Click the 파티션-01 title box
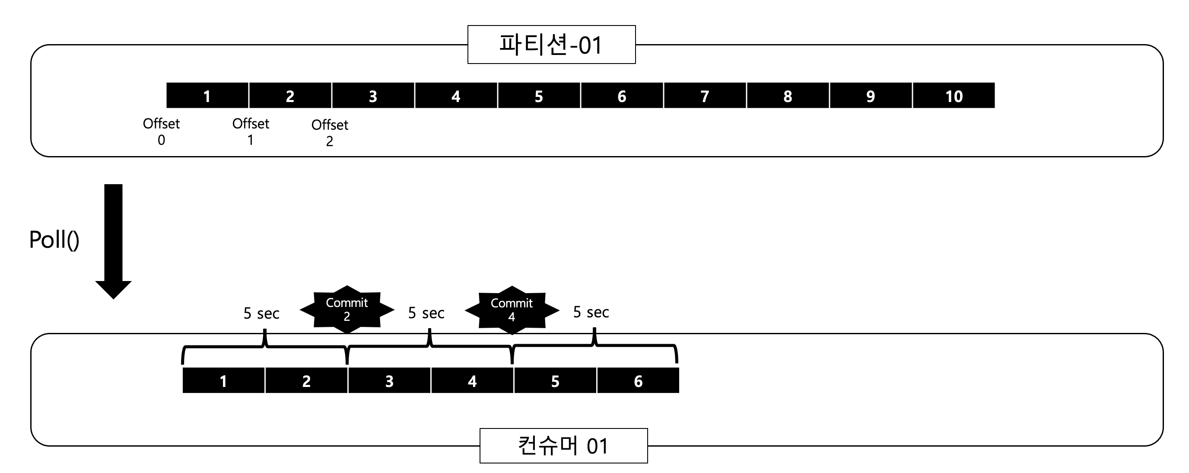point(551,45)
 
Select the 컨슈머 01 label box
point(563,446)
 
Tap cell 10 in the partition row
point(954,96)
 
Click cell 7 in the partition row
point(705,96)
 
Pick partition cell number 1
point(207,96)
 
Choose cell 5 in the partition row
point(539,96)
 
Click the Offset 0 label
point(161,131)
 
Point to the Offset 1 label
point(251,131)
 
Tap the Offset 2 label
point(330,133)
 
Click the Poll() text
point(54,240)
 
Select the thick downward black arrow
point(114,240)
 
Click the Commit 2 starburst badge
point(347,310)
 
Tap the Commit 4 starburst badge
point(512,310)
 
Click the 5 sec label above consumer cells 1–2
point(261,313)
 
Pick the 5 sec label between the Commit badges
point(426,313)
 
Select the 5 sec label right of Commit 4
point(591,312)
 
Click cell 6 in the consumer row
point(638,380)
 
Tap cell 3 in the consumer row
point(389,380)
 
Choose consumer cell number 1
point(223,380)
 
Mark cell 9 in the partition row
point(871,96)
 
